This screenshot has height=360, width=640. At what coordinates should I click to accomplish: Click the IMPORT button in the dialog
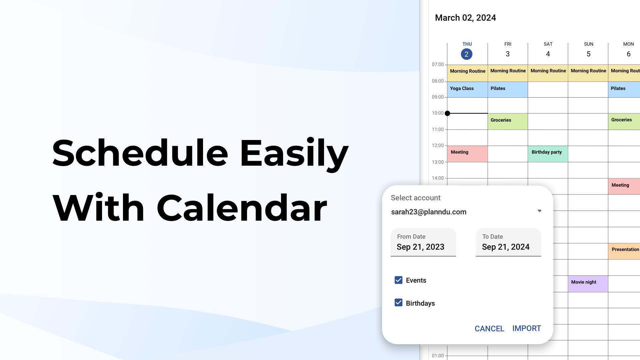coord(527,328)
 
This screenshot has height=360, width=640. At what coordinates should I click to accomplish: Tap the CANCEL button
coord(489,329)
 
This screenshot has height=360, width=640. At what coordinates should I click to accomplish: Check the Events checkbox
coord(398,280)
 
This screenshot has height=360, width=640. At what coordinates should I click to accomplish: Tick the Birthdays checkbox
coord(398,302)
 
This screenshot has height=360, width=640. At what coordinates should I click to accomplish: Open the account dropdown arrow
coord(539,211)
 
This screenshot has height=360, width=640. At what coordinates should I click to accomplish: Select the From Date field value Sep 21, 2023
coord(420,247)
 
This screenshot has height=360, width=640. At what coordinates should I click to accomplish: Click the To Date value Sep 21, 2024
coord(506,247)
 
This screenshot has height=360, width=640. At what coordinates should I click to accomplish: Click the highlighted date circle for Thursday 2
coord(466,54)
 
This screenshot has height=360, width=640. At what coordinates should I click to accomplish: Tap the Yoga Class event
coord(467,90)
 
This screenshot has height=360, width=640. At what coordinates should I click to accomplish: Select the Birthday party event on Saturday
coord(548,154)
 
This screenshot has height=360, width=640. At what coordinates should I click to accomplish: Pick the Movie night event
coord(588,284)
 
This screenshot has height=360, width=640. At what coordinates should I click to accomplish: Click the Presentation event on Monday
coord(624,251)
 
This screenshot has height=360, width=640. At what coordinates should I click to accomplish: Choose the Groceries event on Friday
coord(508,121)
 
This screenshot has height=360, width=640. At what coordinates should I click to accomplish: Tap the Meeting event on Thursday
coord(467,154)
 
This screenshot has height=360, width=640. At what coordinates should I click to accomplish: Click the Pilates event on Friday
coord(508,90)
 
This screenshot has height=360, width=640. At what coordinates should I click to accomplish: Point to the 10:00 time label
coord(438,113)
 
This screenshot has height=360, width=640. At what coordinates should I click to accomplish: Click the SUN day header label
coord(589,44)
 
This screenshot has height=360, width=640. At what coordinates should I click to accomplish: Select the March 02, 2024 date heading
coord(465,18)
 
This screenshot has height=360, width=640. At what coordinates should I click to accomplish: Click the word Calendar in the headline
coord(242,208)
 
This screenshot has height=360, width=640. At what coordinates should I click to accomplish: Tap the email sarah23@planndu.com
coord(429,212)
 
